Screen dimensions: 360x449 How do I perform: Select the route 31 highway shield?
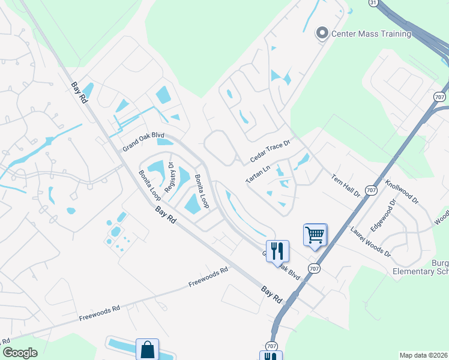(x=373, y=3)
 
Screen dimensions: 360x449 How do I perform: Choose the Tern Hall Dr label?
(x=345, y=185)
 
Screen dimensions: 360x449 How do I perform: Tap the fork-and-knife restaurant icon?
(x=277, y=250)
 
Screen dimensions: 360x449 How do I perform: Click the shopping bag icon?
(x=147, y=349)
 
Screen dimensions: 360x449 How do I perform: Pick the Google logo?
(x=20, y=353)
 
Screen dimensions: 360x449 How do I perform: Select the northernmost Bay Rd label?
(x=78, y=93)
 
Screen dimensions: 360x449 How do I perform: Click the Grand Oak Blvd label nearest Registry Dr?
(x=143, y=142)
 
